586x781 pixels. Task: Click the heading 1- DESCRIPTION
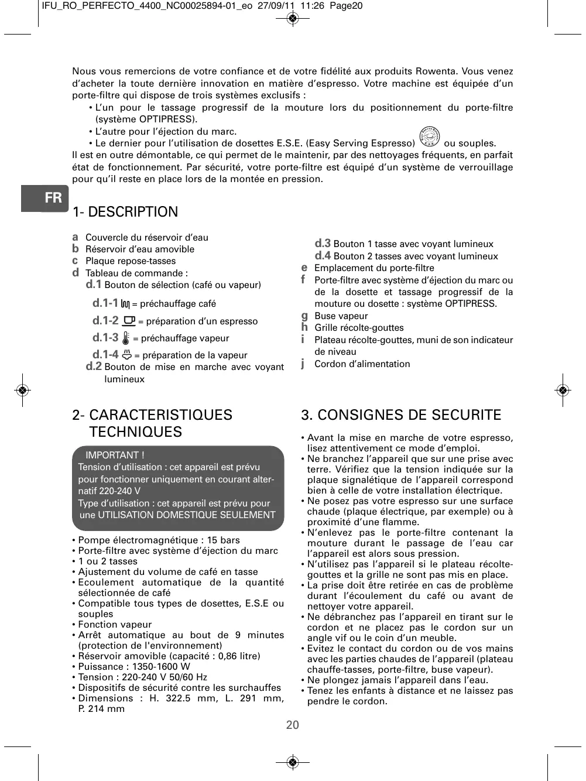[x=125, y=212]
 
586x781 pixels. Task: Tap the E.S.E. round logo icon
[x=430, y=137]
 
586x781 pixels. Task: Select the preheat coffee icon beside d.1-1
[x=125, y=304]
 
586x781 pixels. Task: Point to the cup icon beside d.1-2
[x=129, y=321]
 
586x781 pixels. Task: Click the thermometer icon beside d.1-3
[x=126, y=338]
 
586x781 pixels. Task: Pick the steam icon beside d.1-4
[x=126, y=354]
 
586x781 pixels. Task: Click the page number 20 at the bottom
[x=293, y=725]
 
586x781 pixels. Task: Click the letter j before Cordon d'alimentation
[x=303, y=364]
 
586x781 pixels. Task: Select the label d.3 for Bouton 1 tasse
[x=323, y=244]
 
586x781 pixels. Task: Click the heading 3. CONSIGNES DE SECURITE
[x=401, y=415]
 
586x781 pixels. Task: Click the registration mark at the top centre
[x=293, y=19]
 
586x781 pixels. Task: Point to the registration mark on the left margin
[x=22, y=389]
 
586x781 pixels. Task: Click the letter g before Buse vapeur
[x=304, y=316]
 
